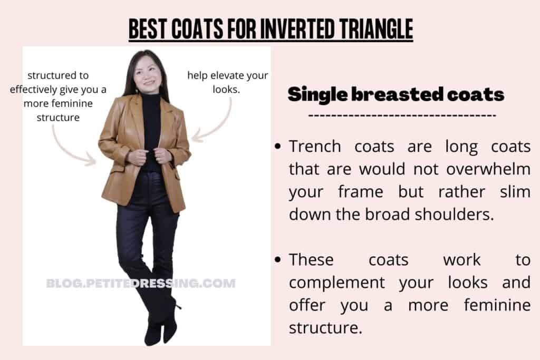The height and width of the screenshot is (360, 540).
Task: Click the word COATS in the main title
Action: [x=197, y=28]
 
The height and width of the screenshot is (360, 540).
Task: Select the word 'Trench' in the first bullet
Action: [x=315, y=147]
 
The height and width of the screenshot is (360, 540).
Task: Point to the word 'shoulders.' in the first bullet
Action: [x=454, y=215]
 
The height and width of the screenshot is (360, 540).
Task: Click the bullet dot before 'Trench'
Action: [x=278, y=147]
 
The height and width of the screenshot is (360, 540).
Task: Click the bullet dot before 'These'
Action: [x=278, y=260]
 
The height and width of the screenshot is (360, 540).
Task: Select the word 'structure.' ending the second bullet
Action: [x=325, y=328]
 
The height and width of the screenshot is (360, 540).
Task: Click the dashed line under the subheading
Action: [x=402, y=115]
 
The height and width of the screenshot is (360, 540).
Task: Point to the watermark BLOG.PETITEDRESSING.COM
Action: [x=141, y=284]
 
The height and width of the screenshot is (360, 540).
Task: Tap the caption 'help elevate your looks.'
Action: [x=227, y=82]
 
